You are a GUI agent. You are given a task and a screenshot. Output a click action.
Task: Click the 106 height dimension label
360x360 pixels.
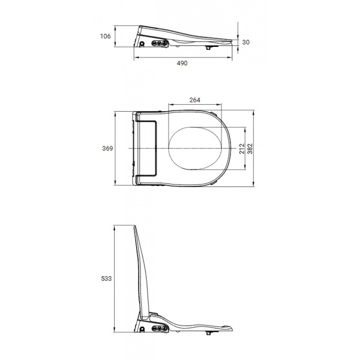tap(105, 36)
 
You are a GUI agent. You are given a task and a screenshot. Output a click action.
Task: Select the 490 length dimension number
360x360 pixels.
tap(182, 63)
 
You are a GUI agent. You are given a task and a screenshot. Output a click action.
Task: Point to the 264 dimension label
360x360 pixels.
tap(195, 100)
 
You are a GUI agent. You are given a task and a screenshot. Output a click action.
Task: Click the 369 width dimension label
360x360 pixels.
tap(108, 148)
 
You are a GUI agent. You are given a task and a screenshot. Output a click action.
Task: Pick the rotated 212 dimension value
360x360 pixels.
tap(242, 148)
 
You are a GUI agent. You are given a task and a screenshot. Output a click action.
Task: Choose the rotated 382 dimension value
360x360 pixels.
tap(250, 148)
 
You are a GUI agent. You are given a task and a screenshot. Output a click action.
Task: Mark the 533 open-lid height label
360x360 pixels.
tap(107, 279)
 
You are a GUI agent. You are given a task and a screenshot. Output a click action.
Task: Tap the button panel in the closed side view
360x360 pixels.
tap(159, 43)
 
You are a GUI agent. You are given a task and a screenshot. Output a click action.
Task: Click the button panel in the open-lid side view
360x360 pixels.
tap(159, 328)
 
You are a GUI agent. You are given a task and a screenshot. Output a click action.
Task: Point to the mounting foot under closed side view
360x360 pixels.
tap(208, 48)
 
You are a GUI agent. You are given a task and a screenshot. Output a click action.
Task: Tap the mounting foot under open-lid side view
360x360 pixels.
tap(208, 332)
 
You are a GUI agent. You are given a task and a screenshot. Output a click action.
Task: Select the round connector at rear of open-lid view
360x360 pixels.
tap(142, 330)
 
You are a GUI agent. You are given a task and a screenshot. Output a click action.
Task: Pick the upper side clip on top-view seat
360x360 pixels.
tap(214, 114)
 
